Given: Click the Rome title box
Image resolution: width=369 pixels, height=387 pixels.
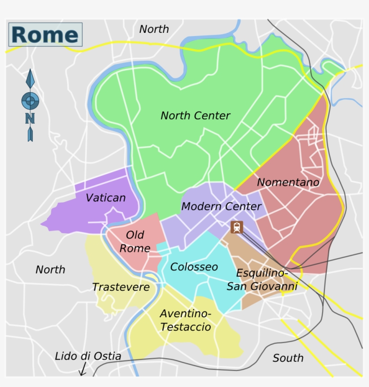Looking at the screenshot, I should point(45,35).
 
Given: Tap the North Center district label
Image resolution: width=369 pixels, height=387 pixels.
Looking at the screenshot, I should point(195,116).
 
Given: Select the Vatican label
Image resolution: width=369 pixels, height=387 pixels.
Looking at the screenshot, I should point(106,198).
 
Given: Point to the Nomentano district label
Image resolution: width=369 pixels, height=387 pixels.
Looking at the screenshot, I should point(288,182).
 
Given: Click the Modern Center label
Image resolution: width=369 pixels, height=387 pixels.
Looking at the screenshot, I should point(221,207).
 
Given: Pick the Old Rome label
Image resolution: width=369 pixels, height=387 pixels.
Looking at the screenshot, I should point(135,241).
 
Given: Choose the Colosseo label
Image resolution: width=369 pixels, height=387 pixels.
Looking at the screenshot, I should point(194,267).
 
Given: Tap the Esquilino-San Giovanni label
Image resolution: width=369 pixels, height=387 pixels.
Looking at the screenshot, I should point(262,280).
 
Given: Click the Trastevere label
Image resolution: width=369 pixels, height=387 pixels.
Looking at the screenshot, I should point(121,287).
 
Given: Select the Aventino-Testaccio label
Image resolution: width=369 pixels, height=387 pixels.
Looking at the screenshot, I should point(185,320).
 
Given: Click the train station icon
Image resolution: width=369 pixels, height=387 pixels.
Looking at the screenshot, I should point(237,227).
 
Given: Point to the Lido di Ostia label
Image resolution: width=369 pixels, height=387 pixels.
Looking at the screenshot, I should point(88,356).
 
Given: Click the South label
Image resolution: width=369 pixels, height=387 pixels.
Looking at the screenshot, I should point(288,358).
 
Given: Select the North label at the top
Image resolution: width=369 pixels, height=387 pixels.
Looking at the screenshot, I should point(154,29).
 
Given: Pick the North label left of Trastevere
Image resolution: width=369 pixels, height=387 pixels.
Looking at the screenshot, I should point(50,270).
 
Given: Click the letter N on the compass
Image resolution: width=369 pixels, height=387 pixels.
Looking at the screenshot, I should point(30,118).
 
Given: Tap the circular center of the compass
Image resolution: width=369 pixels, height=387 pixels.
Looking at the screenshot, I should point(30,100).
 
